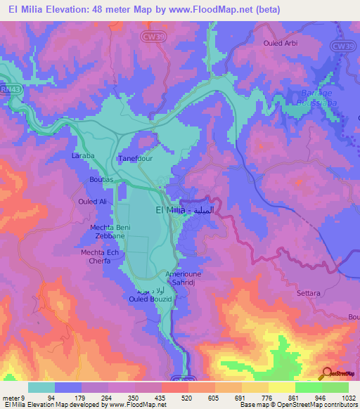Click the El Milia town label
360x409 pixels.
[169, 210]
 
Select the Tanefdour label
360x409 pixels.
[134, 159]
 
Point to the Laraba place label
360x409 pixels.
[83, 155]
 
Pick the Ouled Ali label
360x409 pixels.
[92, 202]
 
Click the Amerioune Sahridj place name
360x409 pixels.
[184, 278]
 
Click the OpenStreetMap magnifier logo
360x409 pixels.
[326, 374]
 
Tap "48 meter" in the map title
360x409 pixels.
[122, 10]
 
